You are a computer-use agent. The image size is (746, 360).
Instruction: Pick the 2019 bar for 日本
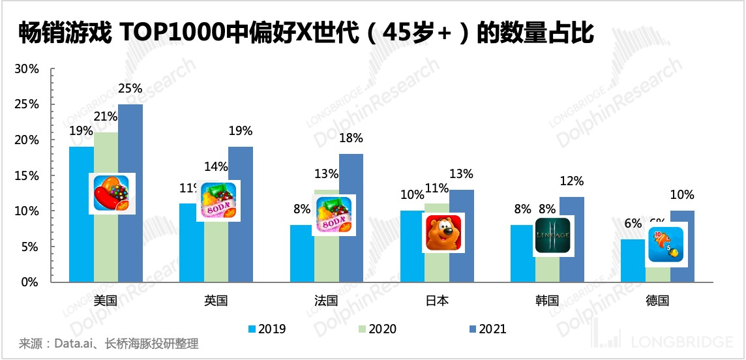pyautogui.click(x=412, y=254)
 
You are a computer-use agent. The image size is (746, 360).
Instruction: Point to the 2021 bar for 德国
pyautogui.click(x=682, y=254)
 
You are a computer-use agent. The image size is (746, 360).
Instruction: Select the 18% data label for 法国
pyautogui.click(x=351, y=139)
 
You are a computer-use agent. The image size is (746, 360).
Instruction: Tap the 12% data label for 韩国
pyautogui.click(x=572, y=181)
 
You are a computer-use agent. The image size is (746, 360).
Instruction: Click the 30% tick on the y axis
pyautogui.click(x=27, y=69)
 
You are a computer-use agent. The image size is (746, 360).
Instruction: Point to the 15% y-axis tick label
pyautogui.click(x=27, y=176)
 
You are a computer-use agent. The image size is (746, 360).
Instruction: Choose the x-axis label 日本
pyautogui.click(x=437, y=301)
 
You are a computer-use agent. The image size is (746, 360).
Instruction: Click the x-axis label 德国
pyautogui.click(x=657, y=301)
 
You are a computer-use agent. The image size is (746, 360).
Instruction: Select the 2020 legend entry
pyautogui.click(x=378, y=329)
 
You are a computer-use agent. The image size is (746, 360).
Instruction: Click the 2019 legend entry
pyautogui.click(x=267, y=329)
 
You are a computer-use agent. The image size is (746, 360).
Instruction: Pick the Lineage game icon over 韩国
pyautogui.click(x=552, y=236)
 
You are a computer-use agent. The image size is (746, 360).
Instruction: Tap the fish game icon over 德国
pyautogui.click(x=666, y=244)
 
